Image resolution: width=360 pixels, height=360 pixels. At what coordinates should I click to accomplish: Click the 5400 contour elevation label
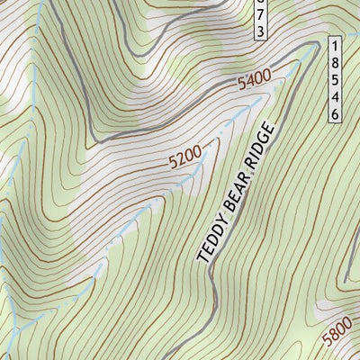coord(255,83)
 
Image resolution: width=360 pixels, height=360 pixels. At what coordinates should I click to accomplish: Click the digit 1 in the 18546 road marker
coord(335,45)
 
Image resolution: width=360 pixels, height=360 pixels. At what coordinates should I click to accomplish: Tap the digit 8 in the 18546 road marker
coord(335,62)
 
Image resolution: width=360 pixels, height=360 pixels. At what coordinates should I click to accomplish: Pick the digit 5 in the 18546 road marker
coord(335,79)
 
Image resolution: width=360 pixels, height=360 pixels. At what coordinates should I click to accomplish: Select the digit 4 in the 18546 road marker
coord(335,96)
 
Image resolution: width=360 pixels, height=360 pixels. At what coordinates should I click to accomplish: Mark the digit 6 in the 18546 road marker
coord(335,113)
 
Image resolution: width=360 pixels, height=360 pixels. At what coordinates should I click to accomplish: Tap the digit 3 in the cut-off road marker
coord(260,31)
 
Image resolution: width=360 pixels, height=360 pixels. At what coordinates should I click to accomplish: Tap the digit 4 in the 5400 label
coord(250,85)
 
